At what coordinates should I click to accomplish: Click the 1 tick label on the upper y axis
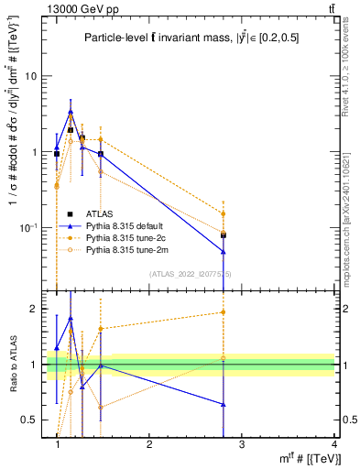(38, 152)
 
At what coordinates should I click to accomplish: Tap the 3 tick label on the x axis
(241, 444)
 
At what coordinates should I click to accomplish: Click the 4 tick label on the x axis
(333, 444)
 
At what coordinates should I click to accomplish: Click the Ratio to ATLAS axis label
(13, 365)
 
